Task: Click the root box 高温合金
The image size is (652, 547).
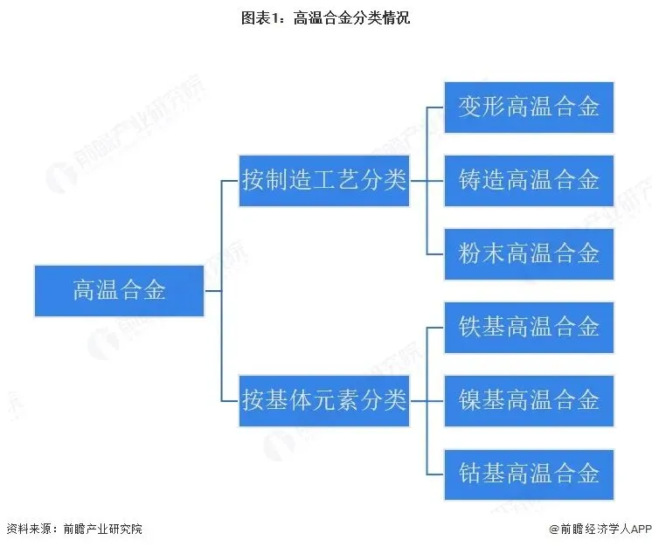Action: (120, 291)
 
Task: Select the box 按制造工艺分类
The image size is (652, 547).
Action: (324, 181)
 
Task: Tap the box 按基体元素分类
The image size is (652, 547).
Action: (324, 401)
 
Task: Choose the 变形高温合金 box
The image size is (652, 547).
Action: (529, 107)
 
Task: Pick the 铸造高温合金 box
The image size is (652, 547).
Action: (529, 181)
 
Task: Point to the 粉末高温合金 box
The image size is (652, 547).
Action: (529, 254)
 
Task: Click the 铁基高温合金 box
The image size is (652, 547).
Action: (529, 328)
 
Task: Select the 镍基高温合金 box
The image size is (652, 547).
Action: (529, 401)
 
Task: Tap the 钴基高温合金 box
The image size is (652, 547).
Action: (529, 474)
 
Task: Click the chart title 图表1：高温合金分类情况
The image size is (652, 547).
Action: (326, 17)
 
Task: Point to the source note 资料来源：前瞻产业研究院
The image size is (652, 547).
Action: (74, 529)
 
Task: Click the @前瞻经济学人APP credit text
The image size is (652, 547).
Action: (600, 529)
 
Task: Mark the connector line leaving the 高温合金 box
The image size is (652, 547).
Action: (213, 291)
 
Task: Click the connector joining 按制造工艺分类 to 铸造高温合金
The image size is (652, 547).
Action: (427, 181)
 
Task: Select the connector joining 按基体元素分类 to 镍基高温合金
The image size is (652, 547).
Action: (427, 401)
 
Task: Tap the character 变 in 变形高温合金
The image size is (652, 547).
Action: (470, 107)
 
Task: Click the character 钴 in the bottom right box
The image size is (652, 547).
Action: (470, 474)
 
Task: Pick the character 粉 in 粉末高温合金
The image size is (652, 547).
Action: (470, 253)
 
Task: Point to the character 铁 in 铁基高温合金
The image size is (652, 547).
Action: (470, 327)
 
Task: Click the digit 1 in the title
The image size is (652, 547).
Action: (274, 17)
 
